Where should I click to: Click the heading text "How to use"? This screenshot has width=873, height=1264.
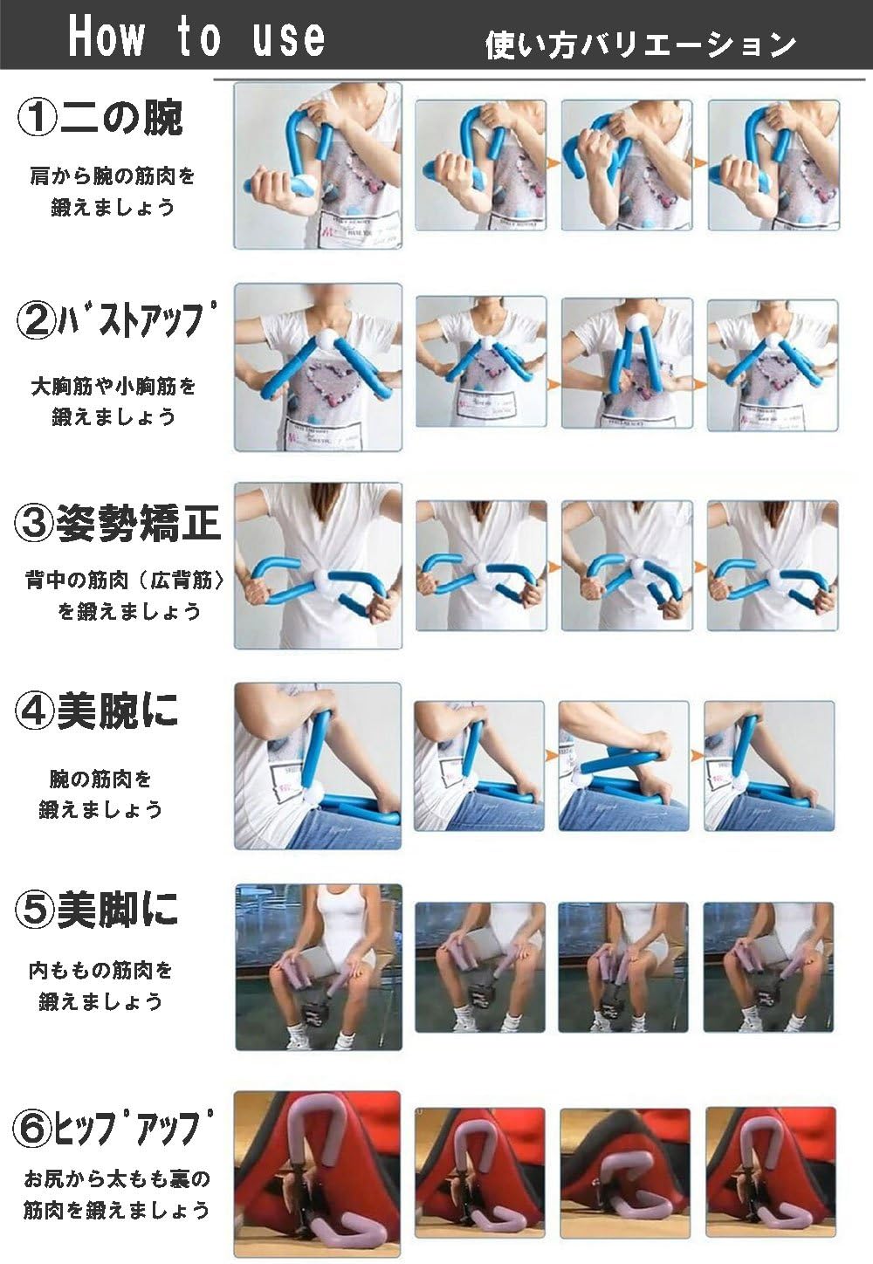pos(196,38)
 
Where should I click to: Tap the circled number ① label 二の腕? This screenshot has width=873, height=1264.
pos(100,117)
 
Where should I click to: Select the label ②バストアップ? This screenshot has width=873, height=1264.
pos(114,320)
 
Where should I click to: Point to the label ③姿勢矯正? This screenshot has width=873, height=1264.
pos(118,522)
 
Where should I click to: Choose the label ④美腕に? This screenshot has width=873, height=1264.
pos(97,711)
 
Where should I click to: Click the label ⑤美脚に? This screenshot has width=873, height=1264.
pos(97,909)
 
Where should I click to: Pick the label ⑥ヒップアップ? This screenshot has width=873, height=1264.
pos(113,1127)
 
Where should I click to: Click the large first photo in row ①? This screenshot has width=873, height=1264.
pos(318,166)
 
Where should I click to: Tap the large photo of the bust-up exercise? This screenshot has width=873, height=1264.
pos(318,367)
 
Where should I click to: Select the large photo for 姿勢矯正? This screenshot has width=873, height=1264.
pos(318,566)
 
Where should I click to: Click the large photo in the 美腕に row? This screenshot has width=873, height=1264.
pos(318,766)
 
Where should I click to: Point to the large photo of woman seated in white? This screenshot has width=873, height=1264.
pos(319,966)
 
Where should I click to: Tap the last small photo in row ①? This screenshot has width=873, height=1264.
pos(773,165)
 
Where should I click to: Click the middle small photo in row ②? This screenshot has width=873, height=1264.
pos(626,362)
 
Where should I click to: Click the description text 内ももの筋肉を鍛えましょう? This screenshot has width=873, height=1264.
pos(100,985)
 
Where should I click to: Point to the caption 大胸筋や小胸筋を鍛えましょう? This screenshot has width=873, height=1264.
pos(113,401)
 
